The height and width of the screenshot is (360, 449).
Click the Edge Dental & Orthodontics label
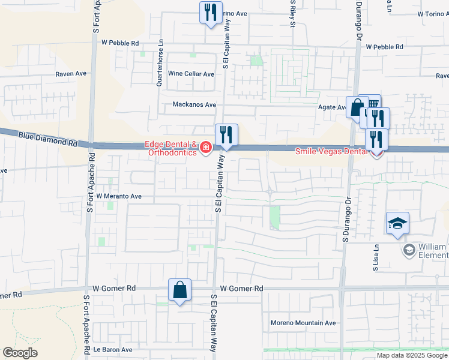tap(170, 148)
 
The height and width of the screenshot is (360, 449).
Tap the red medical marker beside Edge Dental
tap(206, 148)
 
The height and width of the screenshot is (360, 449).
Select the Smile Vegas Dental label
tap(331, 152)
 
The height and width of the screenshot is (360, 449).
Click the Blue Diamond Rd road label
tap(48, 140)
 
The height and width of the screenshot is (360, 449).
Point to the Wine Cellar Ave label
tap(191, 74)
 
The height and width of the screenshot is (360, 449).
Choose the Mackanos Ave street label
tap(194, 104)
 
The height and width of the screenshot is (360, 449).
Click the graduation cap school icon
tap(397, 224)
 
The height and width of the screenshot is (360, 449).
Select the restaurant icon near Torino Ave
tap(209, 12)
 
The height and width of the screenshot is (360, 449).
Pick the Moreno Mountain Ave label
tap(303, 323)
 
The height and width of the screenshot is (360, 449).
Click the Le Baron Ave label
tap(112, 349)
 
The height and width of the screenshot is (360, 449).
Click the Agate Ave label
tap(332, 107)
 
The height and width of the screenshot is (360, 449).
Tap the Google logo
tap(20, 353)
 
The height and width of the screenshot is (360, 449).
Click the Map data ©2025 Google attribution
tap(412, 355)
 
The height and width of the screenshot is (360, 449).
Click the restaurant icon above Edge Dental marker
tap(226, 134)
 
